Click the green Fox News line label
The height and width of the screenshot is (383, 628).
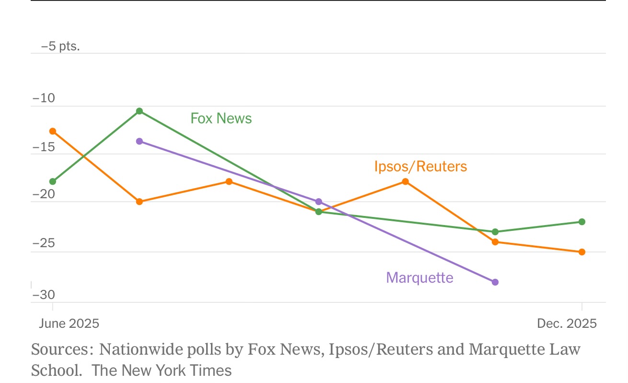pyautogui.click(x=221, y=118)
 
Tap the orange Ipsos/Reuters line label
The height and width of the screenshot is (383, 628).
pyautogui.click(x=420, y=167)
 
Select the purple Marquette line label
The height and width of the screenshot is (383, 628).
pyautogui.click(x=419, y=277)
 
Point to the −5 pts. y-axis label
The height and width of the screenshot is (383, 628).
pyautogui.click(x=60, y=47)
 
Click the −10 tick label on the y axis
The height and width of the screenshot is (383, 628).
pyautogui.click(x=44, y=99)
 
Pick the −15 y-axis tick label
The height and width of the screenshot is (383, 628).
pyautogui.click(x=44, y=147)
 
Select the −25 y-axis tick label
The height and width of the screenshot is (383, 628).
pyautogui.click(x=44, y=244)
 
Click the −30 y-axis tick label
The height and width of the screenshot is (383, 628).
pyautogui.click(x=44, y=295)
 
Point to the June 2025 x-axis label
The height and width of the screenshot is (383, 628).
pyautogui.click(x=69, y=323)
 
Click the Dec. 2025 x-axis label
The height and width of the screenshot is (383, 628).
pyautogui.click(x=567, y=323)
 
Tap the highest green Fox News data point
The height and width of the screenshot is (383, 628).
pyautogui.click(x=140, y=111)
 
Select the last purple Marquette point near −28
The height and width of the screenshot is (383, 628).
pyautogui.click(x=495, y=282)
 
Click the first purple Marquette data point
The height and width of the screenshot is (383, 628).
pyautogui.click(x=140, y=141)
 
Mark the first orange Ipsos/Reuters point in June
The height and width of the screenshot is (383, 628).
pyautogui.click(x=53, y=131)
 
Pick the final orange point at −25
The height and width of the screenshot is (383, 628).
pyautogui.click(x=582, y=252)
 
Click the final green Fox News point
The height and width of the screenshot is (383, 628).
pyautogui.click(x=582, y=222)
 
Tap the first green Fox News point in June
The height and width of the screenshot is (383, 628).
pyautogui.click(x=53, y=181)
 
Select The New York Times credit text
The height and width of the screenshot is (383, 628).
pyautogui.click(x=162, y=371)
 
